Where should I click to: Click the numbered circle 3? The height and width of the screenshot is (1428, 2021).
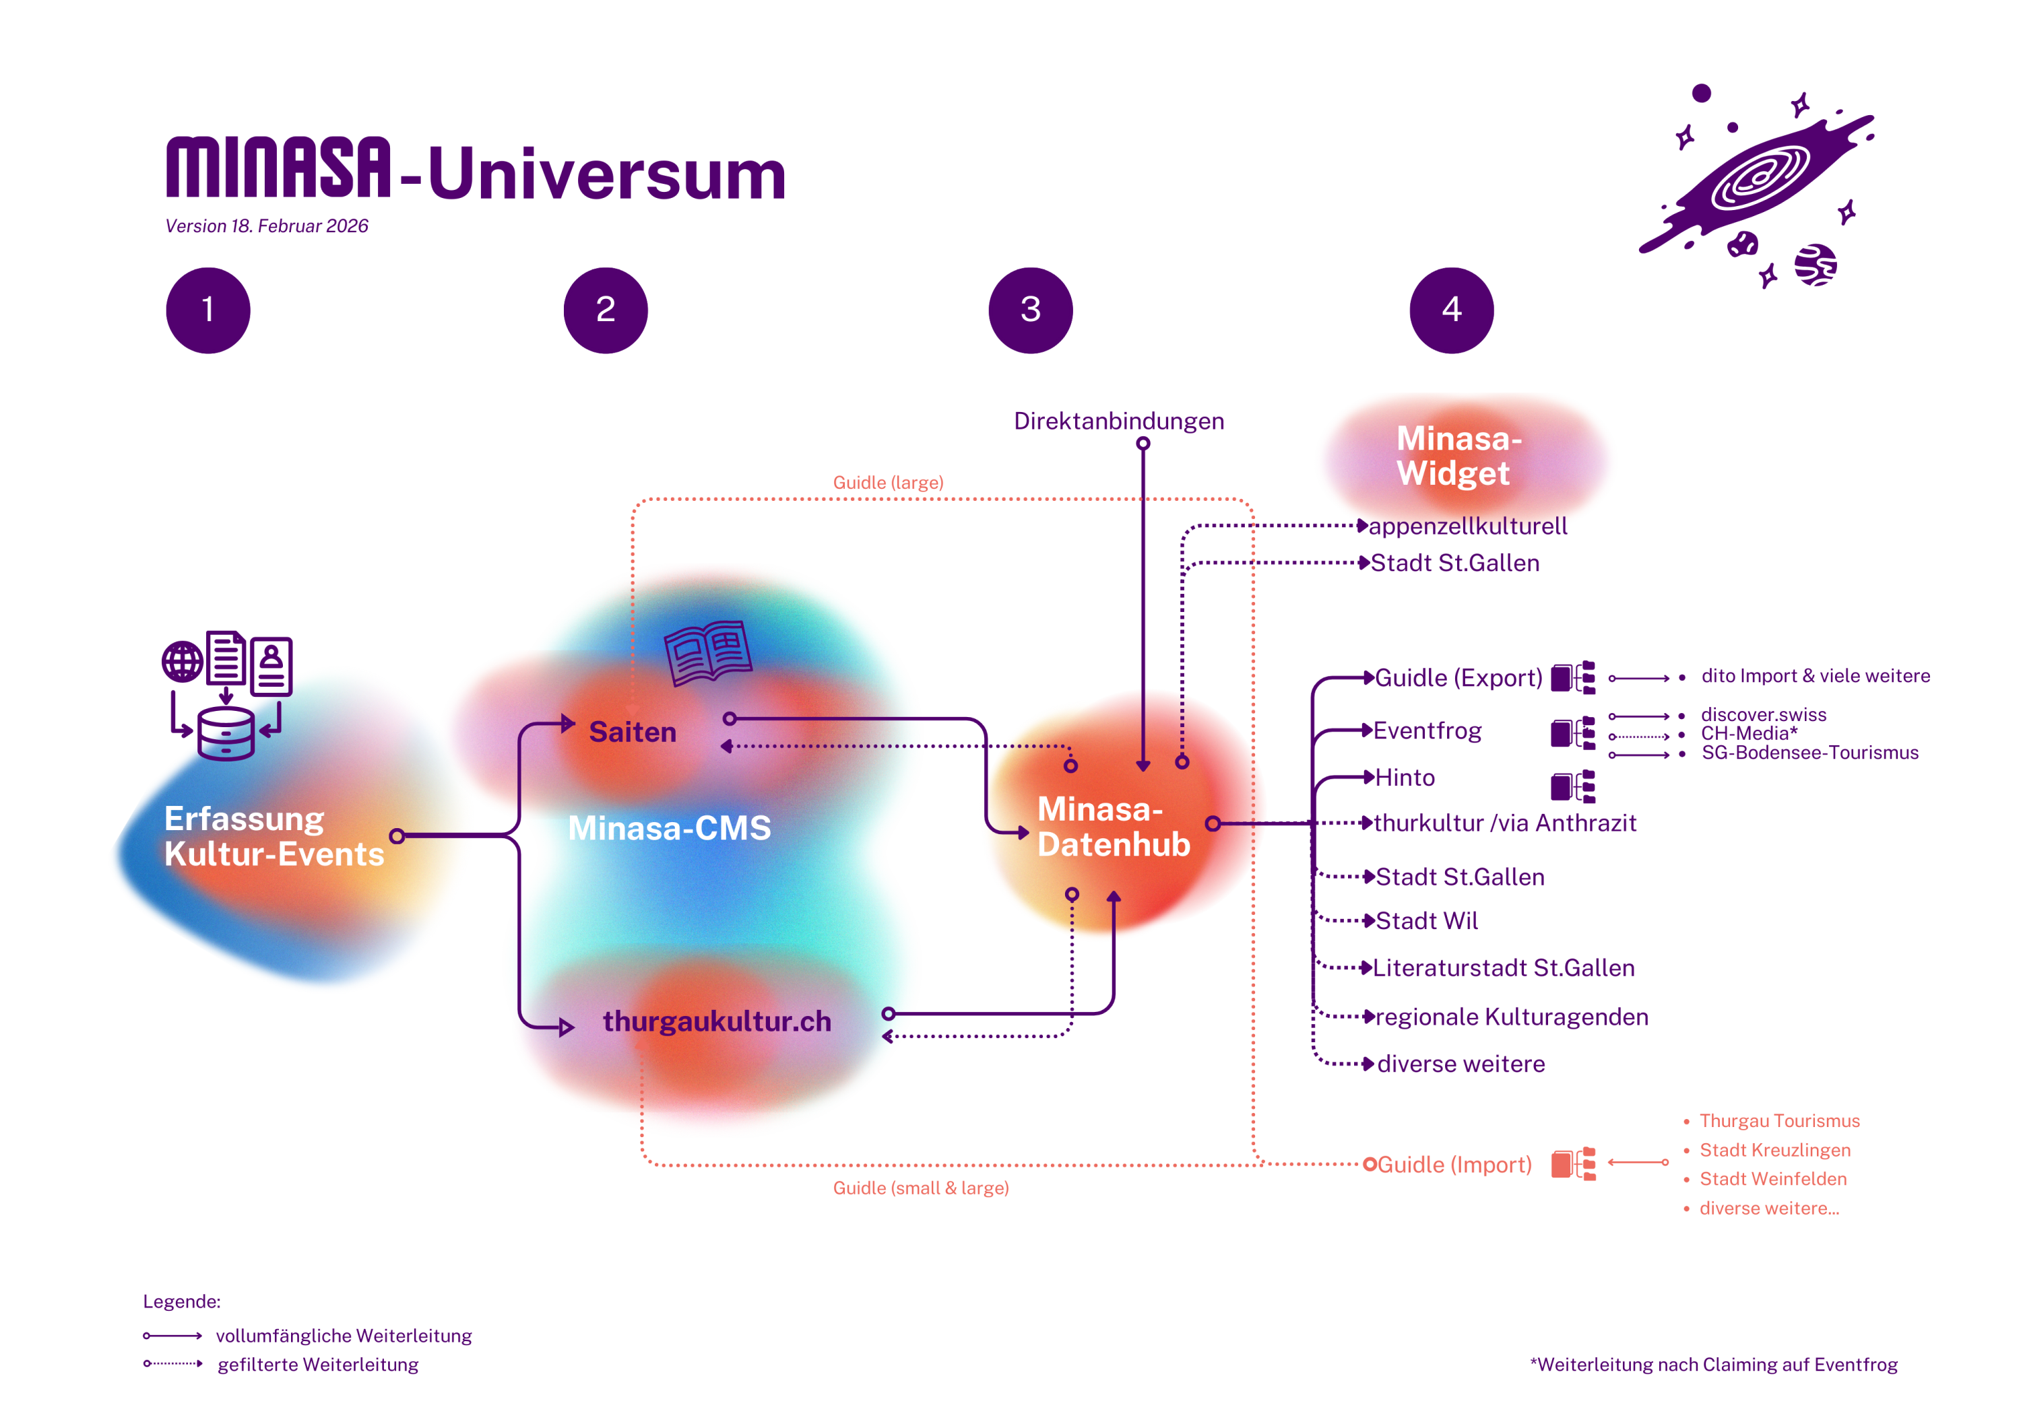point(1030,310)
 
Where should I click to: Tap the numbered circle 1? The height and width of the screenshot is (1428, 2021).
point(207,310)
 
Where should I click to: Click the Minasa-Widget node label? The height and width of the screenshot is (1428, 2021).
point(1458,456)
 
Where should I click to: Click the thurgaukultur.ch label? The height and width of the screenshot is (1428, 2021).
point(717,1021)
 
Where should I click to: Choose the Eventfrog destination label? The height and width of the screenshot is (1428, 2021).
point(1427,730)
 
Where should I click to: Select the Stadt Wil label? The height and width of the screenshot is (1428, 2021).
point(1427,921)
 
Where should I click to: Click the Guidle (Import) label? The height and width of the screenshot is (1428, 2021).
point(1454,1164)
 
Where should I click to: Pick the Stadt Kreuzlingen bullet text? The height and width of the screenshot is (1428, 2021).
point(1774,1150)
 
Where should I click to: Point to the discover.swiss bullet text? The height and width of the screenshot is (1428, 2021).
point(1763,714)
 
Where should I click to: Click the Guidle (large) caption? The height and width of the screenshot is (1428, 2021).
point(887,482)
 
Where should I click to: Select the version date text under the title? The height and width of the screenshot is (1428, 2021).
point(267,226)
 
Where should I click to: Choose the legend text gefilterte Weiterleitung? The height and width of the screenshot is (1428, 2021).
point(318,1364)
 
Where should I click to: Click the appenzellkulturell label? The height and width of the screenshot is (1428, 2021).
point(1467,526)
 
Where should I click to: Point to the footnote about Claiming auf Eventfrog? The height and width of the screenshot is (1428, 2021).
point(1713,1364)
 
